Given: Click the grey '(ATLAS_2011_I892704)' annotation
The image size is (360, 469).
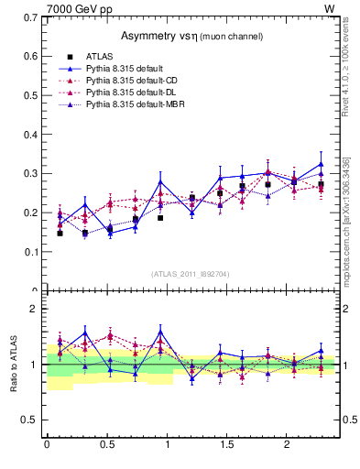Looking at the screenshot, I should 190,273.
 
